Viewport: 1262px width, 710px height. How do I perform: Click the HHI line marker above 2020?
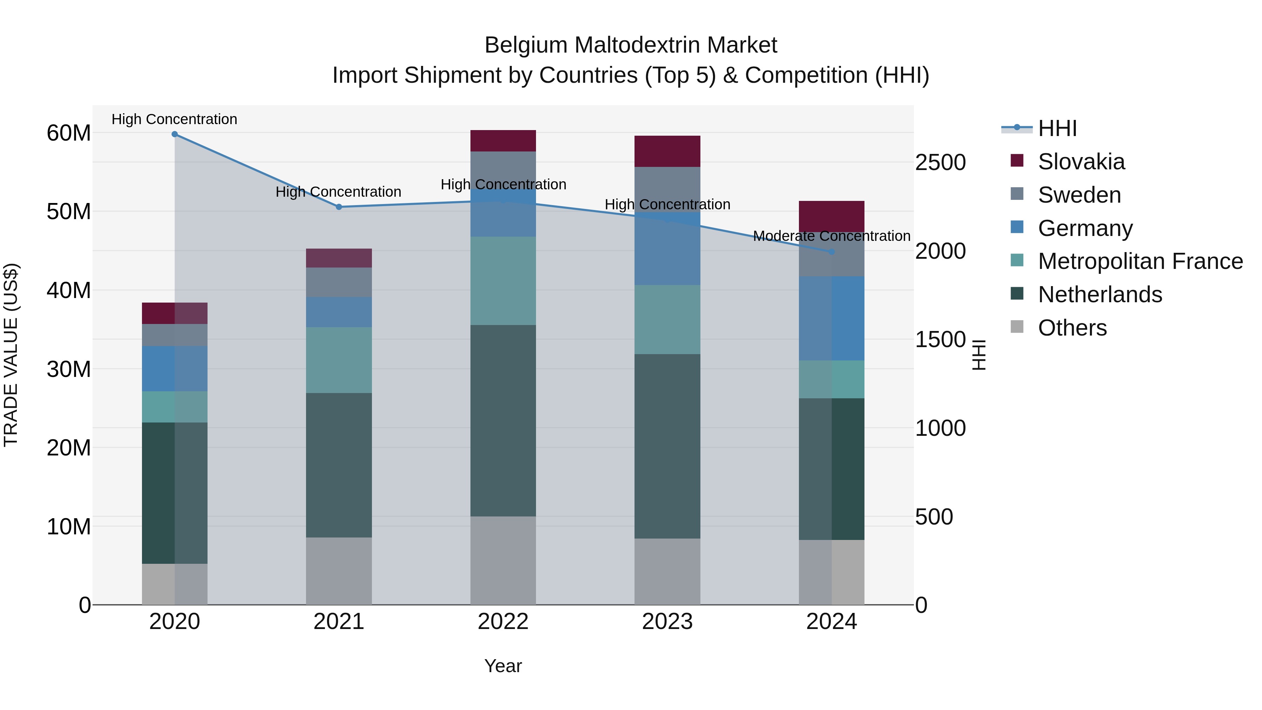pyautogui.click(x=175, y=134)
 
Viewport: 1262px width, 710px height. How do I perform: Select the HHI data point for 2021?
pyautogui.click(x=339, y=207)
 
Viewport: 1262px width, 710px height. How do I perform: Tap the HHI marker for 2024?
pyautogui.click(x=832, y=252)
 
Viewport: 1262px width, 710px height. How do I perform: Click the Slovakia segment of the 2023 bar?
pyautogui.click(x=667, y=151)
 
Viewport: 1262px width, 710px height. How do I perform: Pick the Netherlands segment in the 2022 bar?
pyautogui.click(x=503, y=420)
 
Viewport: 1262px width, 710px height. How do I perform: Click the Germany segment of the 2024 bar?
pyautogui.click(x=832, y=318)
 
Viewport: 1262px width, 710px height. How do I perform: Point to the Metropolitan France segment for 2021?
pyautogui.click(x=339, y=360)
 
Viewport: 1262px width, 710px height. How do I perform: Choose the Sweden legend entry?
pyautogui.click(x=1079, y=195)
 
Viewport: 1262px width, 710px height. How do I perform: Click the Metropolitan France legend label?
pyautogui.click(x=1140, y=261)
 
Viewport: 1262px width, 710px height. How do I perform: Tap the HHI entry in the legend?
pyautogui.click(x=1057, y=128)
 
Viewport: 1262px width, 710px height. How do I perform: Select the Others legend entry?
pyautogui.click(x=1072, y=328)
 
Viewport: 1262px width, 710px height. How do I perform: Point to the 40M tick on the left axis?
pyautogui.click(x=69, y=291)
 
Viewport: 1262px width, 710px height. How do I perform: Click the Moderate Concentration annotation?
pyautogui.click(x=832, y=236)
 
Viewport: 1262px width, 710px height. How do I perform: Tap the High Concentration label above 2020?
pyautogui.click(x=175, y=120)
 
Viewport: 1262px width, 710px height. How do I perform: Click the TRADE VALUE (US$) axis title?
pyautogui.click(x=11, y=355)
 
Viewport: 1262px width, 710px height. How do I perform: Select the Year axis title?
pyautogui.click(x=503, y=667)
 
